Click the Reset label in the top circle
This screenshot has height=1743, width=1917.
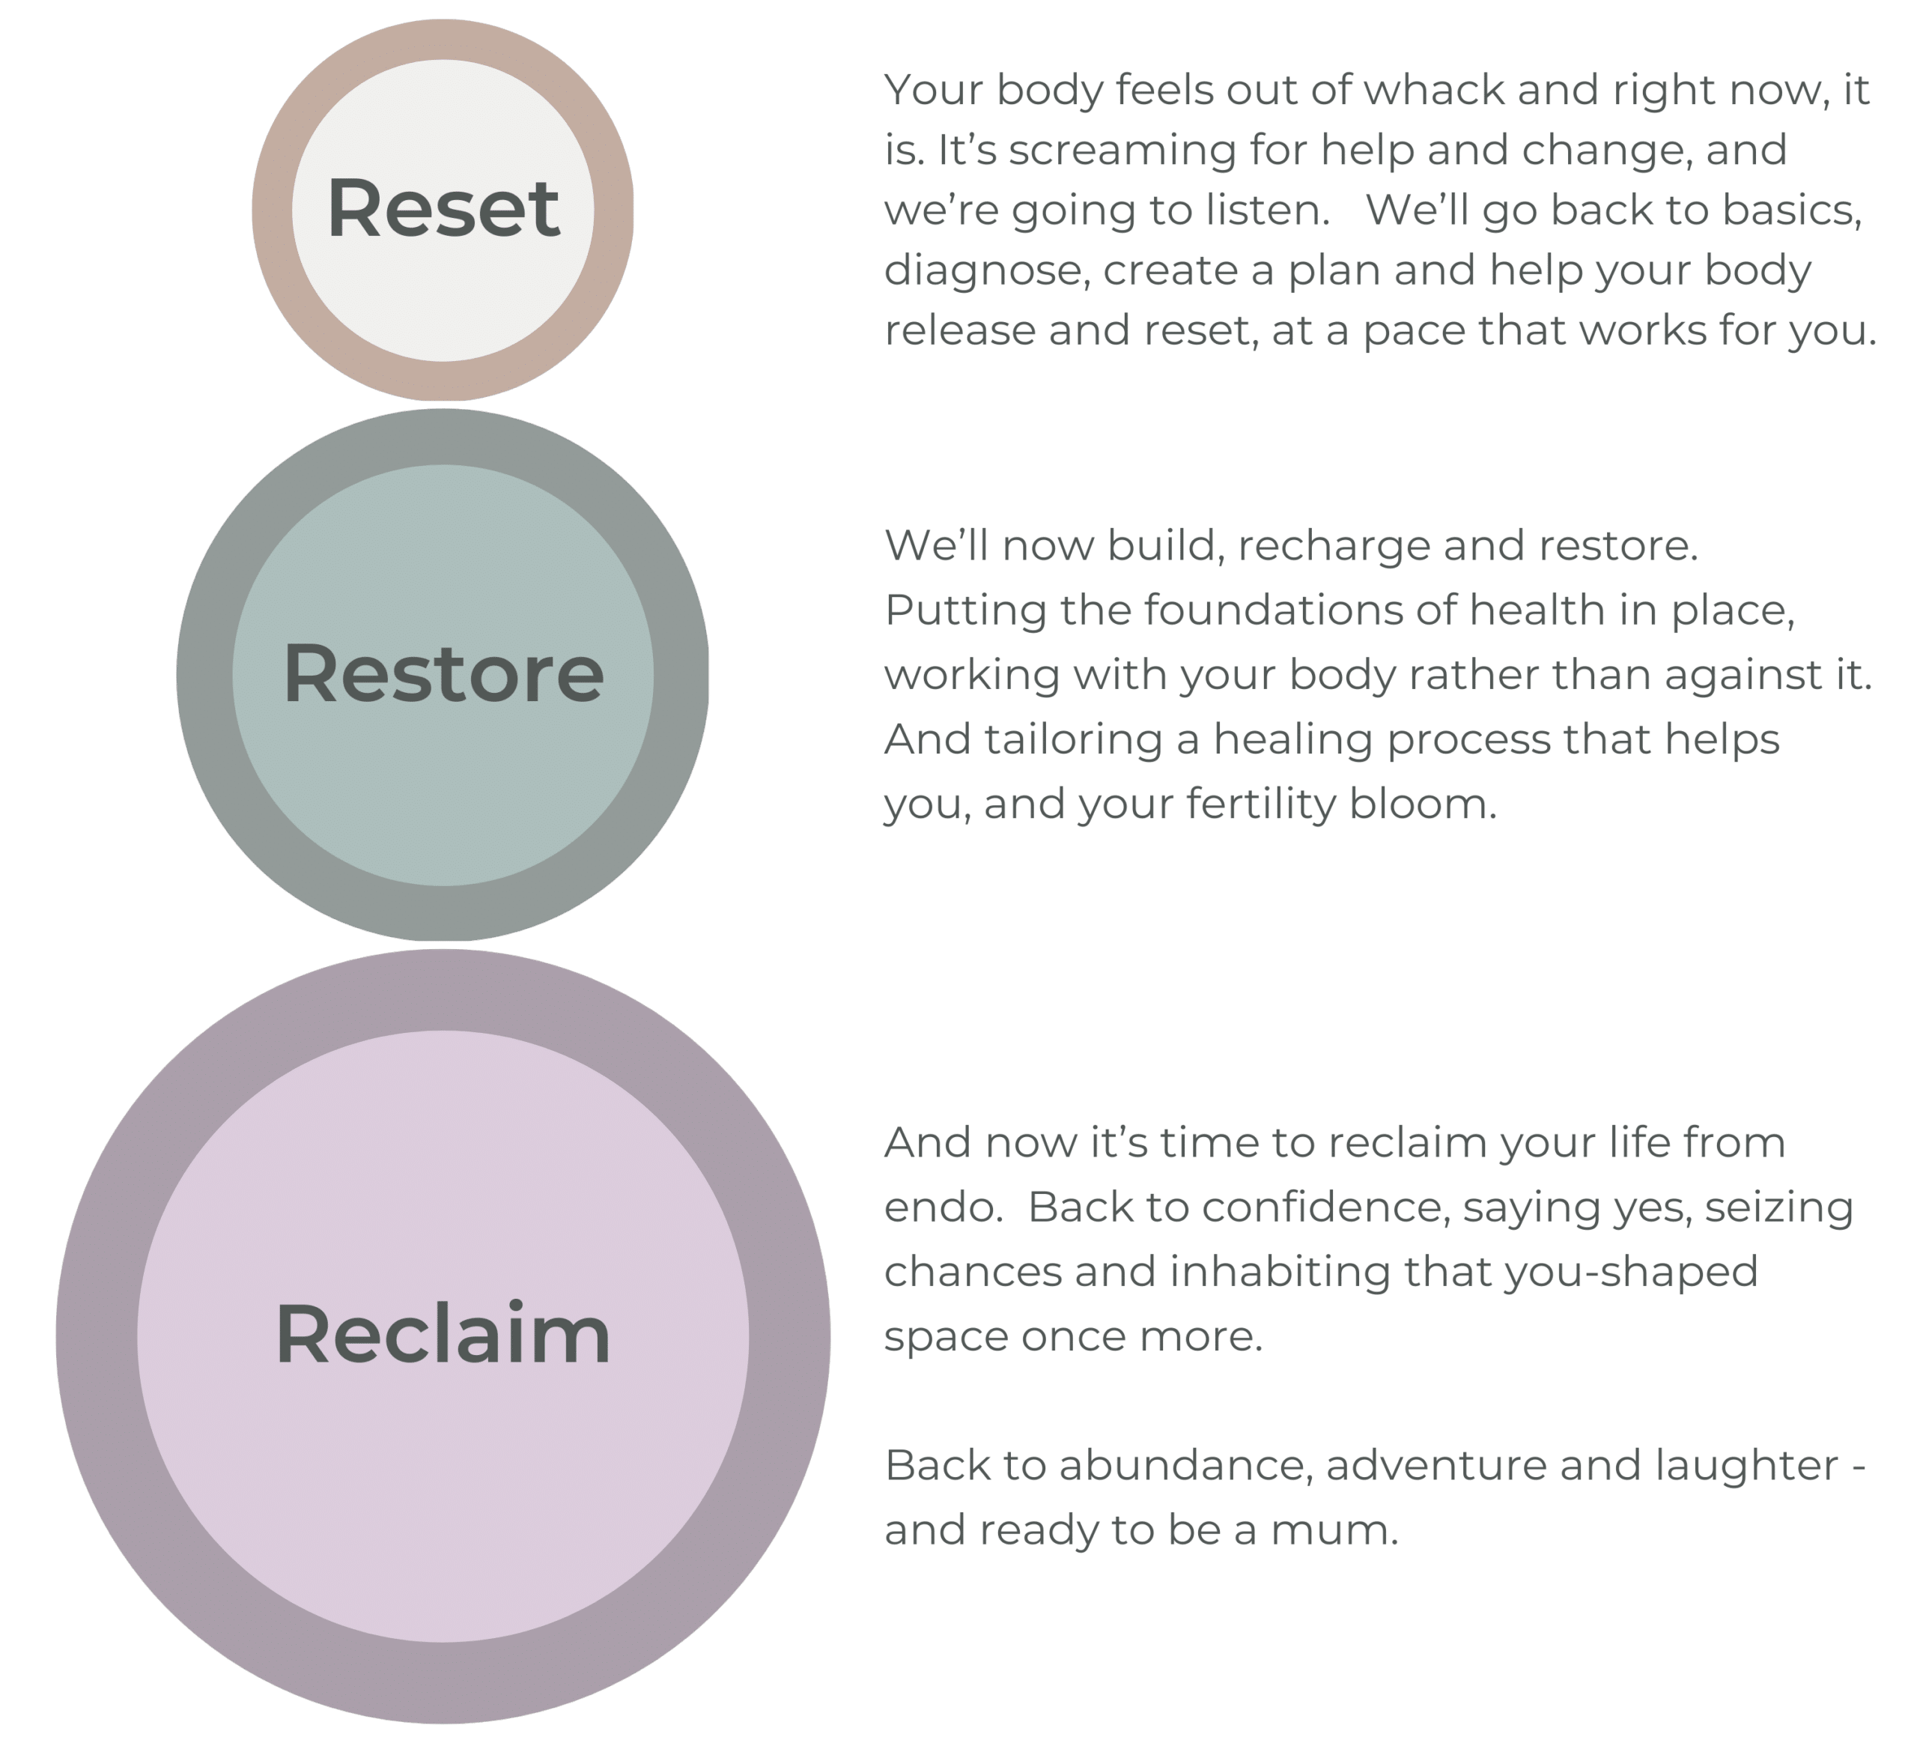click(443, 208)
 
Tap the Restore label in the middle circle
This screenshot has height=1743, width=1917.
click(443, 673)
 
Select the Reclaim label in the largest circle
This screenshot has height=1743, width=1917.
click(443, 1335)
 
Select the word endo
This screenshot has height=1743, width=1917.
click(941, 1207)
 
